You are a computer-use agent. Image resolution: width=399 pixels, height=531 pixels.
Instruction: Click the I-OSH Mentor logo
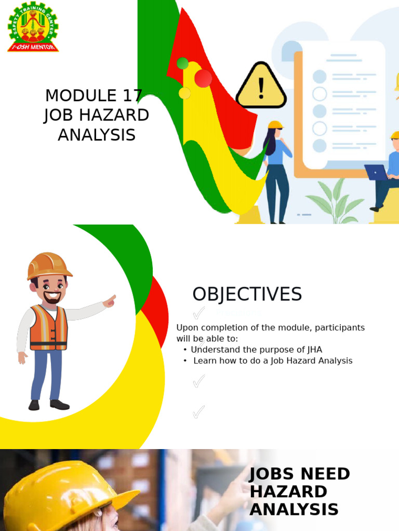pyautogui.click(x=33, y=26)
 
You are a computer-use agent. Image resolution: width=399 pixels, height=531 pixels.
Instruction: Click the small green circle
pyautogui.click(x=182, y=63)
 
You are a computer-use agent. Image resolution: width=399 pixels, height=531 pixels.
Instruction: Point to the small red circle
pyautogui.click(x=203, y=78)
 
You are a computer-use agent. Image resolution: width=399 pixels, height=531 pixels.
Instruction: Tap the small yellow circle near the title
pyautogui.click(x=184, y=93)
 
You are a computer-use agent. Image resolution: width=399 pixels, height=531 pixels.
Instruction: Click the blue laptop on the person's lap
pyautogui.click(x=376, y=172)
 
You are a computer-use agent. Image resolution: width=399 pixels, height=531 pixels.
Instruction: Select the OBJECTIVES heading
pyautogui.click(x=247, y=294)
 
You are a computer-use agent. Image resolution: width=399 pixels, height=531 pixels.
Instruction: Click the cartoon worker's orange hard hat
pyautogui.click(x=49, y=265)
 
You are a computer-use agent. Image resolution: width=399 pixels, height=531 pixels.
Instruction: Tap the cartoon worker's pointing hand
pyautogui.click(x=110, y=301)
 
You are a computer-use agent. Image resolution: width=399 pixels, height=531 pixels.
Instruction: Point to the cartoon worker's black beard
pyautogui.click(x=52, y=298)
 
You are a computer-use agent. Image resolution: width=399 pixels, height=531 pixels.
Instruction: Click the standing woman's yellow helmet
pyautogui.click(x=275, y=125)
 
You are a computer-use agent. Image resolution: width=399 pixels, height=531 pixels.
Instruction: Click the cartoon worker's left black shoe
pyautogui.click(x=34, y=405)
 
